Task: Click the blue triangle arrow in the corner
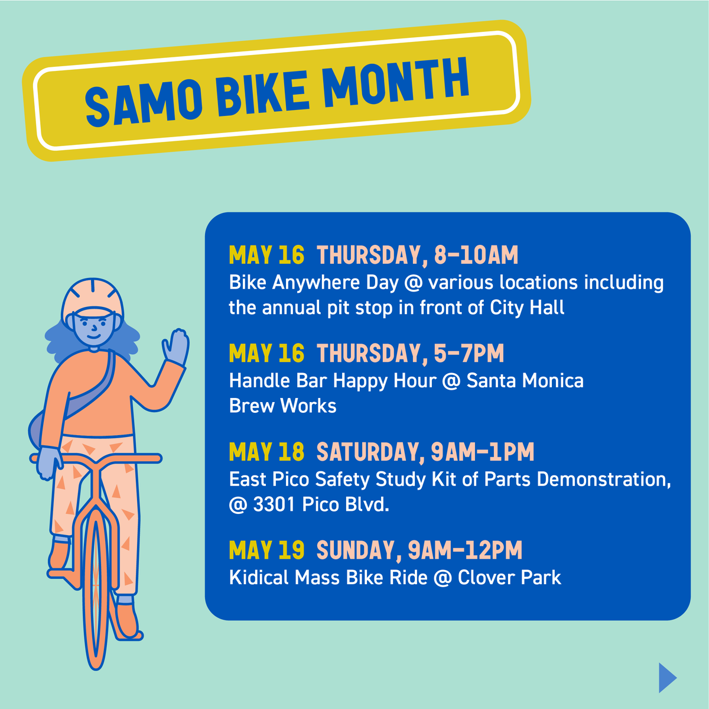click(x=667, y=677)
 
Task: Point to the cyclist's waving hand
click(x=175, y=347)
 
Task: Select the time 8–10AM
click(x=476, y=255)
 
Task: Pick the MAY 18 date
click(x=266, y=452)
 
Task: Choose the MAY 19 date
click(x=266, y=550)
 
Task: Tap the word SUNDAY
click(x=355, y=550)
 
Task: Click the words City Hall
click(x=527, y=307)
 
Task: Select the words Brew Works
click(x=282, y=406)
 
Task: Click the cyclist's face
click(x=90, y=328)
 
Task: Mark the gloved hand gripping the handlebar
click(x=47, y=461)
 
